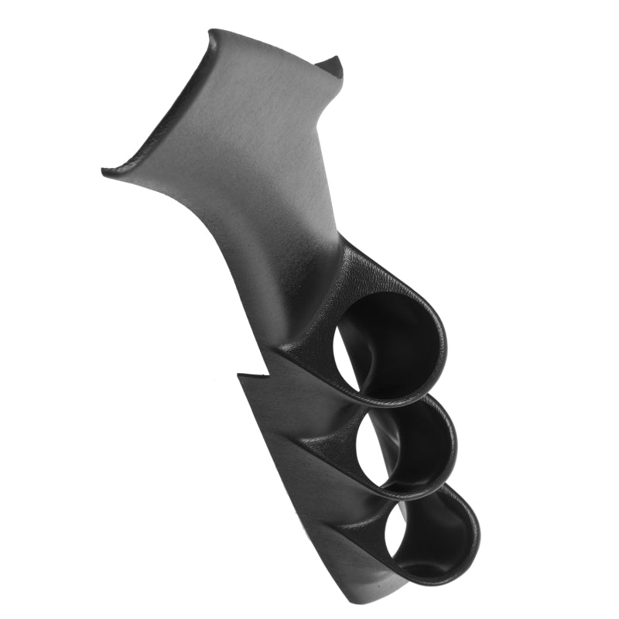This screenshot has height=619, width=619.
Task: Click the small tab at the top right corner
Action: click(x=334, y=66)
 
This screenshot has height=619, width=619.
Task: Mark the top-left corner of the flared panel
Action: click(x=210, y=32)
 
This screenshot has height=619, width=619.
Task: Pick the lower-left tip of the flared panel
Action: click(x=105, y=172)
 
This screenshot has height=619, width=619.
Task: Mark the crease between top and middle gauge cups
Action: click(x=340, y=410)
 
